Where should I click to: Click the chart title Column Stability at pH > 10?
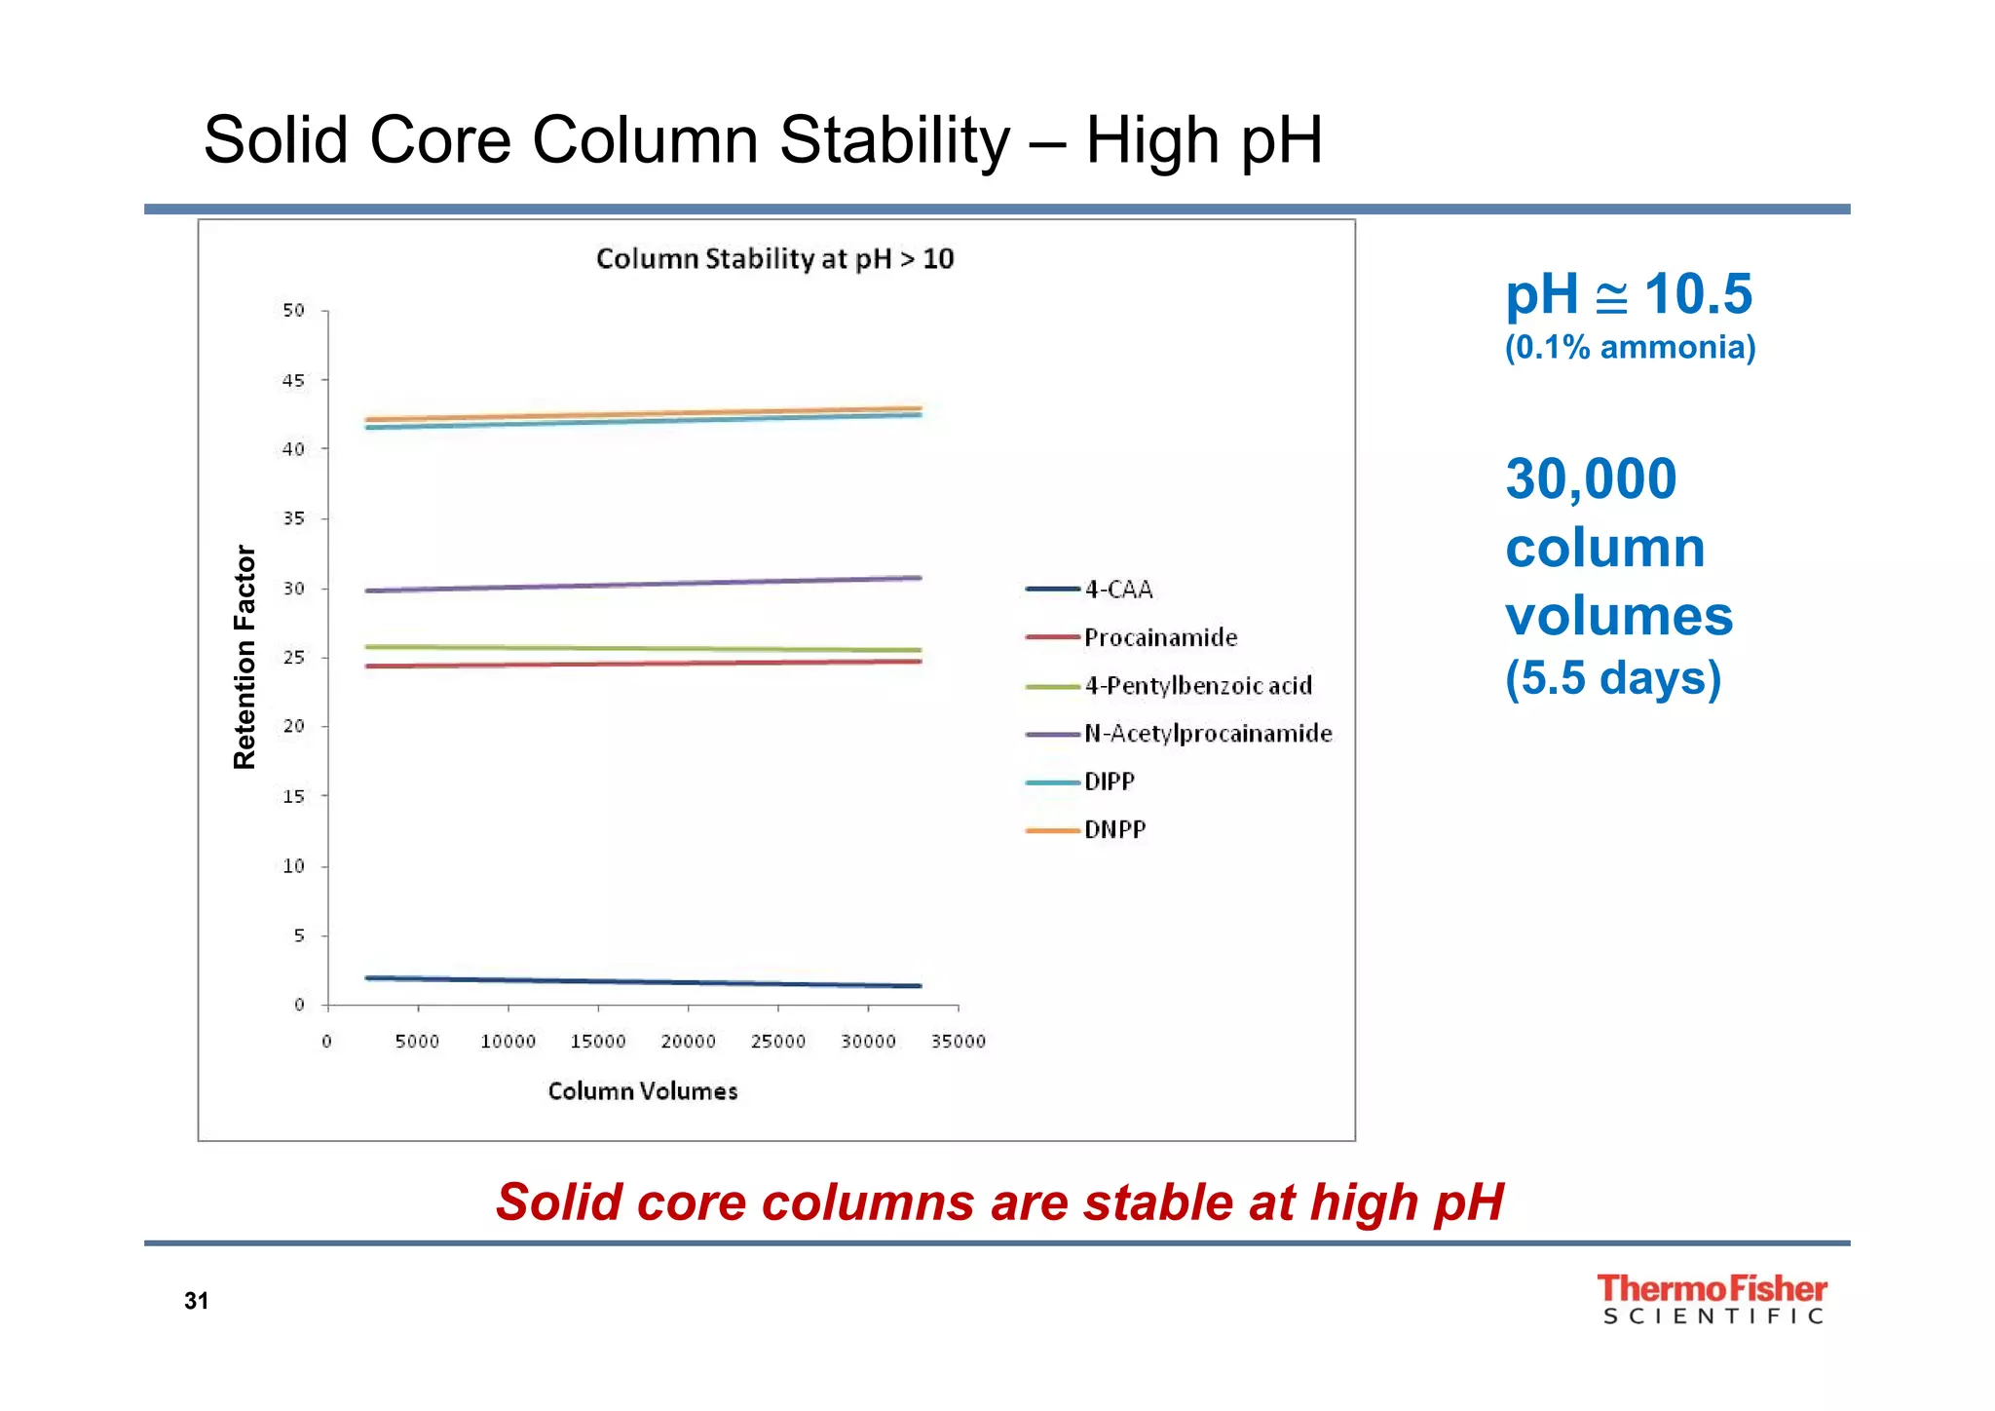click(x=774, y=259)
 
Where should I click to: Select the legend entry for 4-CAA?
click(x=1117, y=590)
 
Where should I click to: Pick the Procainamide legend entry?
click(x=1159, y=637)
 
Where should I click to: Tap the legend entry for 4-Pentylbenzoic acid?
click(x=1197, y=686)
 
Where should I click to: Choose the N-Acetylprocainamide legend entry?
click(x=1207, y=734)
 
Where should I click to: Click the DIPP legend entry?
click(x=1109, y=782)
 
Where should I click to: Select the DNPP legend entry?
click(x=1114, y=830)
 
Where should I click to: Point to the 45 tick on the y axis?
click(x=293, y=380)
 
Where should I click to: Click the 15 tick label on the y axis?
click(x=293, y=796)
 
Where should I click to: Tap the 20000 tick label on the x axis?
click(x=688, y=1042)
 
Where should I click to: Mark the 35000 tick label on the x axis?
click(x=959, y=1042)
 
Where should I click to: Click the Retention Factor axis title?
click(x=245, y=657)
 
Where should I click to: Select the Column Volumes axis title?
click(x=643, y=1091)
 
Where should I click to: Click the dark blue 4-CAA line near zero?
click(x=643, y=981)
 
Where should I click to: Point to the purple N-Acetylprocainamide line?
click(x=643, y=584)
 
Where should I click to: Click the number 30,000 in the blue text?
click(x=1591, y=479)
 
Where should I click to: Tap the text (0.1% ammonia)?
click(x=1630, y=348)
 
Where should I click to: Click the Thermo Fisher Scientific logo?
click(x=1712, y=1299)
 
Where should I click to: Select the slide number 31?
click(x=196, y=1301)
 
